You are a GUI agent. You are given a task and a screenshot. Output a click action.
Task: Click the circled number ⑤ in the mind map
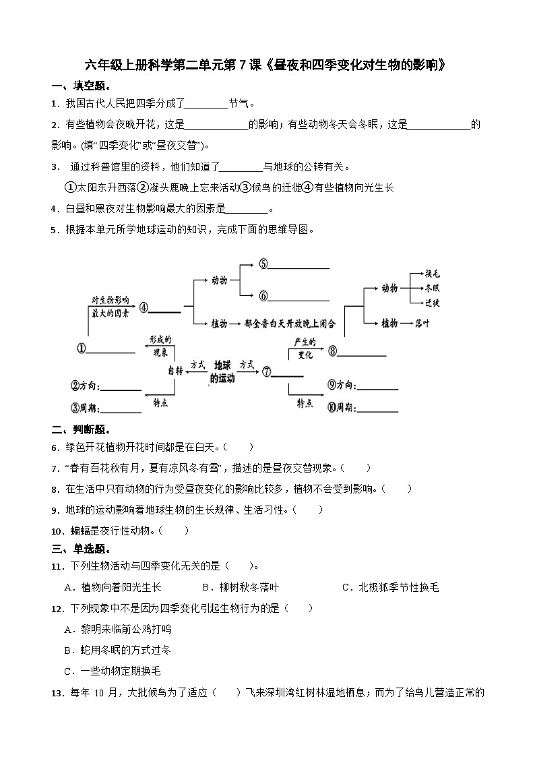point(263,264)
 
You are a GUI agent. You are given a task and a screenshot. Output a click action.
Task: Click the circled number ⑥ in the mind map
point(263,295)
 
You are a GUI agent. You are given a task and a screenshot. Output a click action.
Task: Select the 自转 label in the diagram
point(175,371)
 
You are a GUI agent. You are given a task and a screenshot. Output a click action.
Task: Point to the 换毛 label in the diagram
point(432,274)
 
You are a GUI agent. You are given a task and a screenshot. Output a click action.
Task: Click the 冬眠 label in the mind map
point(432,288)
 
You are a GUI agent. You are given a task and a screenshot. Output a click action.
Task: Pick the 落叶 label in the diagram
point(422,324)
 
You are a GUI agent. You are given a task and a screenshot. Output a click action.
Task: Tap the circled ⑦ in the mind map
point(267,371)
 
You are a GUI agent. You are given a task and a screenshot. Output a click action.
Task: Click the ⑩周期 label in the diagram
point(342,406)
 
